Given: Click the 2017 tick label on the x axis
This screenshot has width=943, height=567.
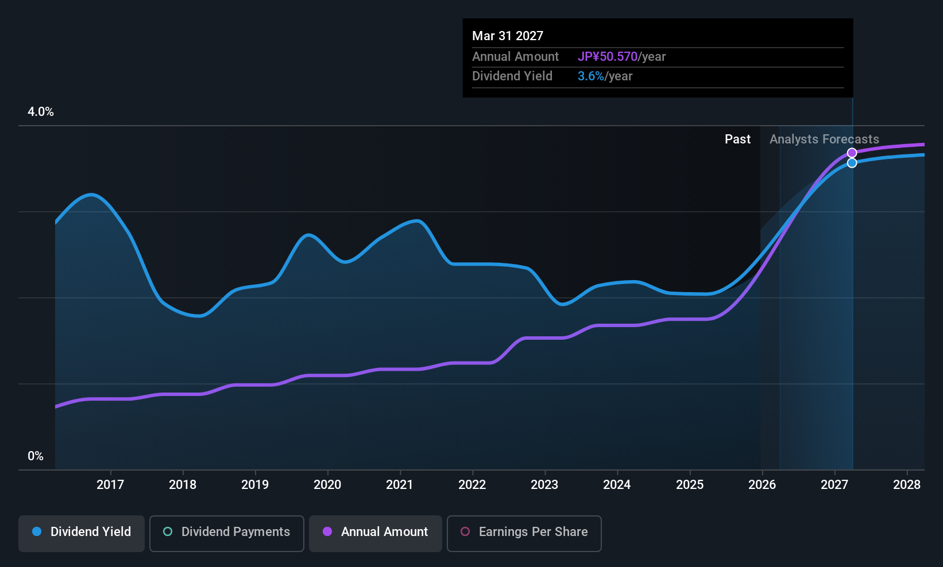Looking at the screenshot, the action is point(110,484).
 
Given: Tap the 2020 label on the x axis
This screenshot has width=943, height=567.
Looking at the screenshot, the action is point(327,484).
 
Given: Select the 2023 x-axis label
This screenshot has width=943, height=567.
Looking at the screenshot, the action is point(545,484).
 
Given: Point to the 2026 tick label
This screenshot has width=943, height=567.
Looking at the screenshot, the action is point(762,484).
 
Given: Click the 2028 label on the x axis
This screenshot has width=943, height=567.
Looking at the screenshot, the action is point(907,484).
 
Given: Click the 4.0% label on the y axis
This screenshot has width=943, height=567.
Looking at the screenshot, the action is point(41,112).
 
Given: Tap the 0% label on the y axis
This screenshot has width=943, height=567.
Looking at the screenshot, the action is point(36,456).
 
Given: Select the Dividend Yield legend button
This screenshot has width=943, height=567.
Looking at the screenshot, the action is point(81,533).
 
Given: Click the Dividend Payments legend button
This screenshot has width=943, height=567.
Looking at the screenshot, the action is point(226,533).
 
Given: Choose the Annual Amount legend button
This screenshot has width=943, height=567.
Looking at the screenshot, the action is point(376,533).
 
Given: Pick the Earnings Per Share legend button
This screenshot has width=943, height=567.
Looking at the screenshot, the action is point(524,533).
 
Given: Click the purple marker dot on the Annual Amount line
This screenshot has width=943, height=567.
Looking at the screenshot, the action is point(852,153).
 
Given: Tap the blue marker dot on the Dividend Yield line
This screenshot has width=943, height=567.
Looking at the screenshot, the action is point(852,163).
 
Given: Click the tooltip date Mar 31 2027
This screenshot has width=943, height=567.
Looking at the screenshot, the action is point(508,36).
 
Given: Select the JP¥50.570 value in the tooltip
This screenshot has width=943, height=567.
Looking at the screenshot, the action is point(608,56).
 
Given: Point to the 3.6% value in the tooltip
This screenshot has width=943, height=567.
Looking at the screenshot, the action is point(590,76).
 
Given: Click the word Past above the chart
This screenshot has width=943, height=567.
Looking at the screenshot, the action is point(737,139).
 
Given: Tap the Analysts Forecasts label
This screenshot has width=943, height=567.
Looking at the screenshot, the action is point(824,139).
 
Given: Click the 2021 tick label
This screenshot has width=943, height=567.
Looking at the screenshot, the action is point(400,484).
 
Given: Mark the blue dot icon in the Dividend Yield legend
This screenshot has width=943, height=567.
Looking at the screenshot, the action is point(37,531).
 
